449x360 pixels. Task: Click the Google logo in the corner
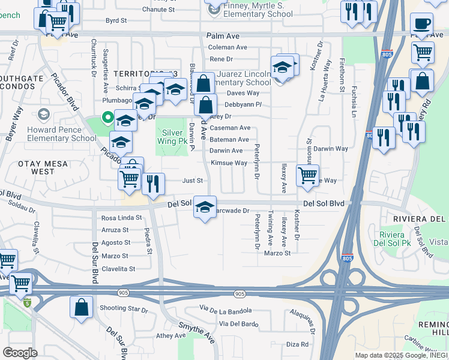(20, 352)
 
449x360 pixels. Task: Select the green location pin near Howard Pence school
(107, 118)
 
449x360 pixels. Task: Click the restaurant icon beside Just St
(154, 184)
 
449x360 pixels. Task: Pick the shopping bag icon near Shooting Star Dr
(81, 307)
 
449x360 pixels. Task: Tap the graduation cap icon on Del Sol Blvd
(205, 208)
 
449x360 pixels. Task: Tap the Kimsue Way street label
(229, 163)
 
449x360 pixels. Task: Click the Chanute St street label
(158, 10)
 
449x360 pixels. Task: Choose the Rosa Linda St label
(121, 218)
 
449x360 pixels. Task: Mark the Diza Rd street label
(297, 344)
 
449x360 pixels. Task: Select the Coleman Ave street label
(228, 47)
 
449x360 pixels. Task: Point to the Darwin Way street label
(330, 148)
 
